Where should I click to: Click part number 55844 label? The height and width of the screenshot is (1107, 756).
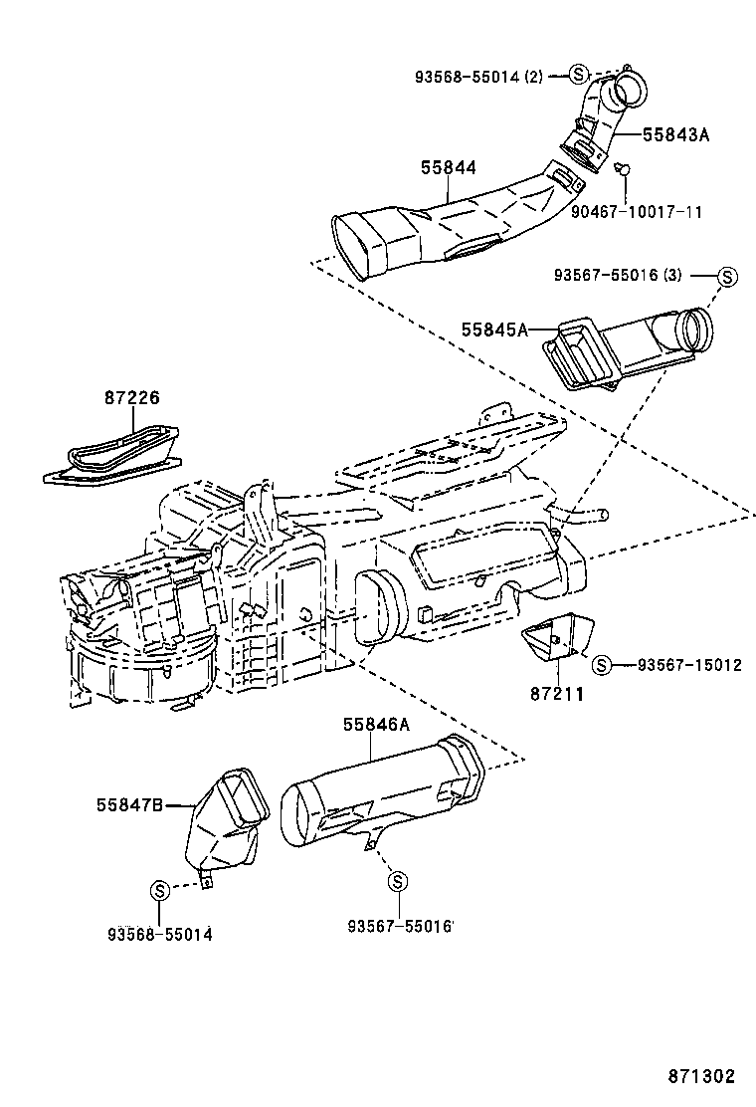[449, 168]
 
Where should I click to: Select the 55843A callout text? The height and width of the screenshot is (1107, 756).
[675, 134]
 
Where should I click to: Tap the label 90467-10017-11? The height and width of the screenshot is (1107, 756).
[637, 212]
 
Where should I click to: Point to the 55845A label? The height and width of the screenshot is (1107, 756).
[494, 330]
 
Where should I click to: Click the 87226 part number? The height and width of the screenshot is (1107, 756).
[132, 397]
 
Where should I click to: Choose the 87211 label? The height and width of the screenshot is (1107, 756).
[557, 694]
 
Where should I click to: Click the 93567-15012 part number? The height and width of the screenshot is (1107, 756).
[689, 664]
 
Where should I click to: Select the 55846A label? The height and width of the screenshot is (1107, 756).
[377, 725]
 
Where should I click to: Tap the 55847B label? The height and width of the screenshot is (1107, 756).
[129, 804]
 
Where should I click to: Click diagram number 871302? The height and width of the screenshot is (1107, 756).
[701, 1076]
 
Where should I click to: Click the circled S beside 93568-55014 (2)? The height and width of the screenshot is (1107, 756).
[578, 74]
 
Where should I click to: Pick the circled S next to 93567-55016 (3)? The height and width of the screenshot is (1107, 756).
[727, 276]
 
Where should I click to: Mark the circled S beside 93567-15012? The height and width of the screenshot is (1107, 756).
[600, 664]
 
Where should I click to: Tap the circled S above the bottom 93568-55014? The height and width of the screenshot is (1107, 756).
[160, 890]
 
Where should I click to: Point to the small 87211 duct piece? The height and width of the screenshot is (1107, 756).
[557, 636]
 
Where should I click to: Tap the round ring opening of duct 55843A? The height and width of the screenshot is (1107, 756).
[629, 88]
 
